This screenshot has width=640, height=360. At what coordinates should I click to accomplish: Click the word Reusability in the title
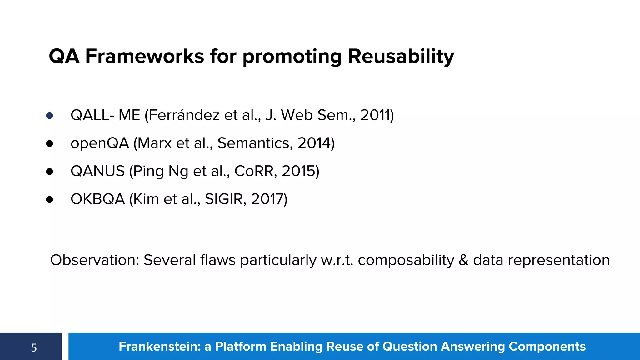click(401, 57)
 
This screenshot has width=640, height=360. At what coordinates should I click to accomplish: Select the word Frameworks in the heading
click(145, 57)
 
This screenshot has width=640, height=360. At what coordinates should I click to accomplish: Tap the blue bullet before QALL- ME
click(49, 116)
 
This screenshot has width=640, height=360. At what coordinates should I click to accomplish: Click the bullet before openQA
click(49, 143)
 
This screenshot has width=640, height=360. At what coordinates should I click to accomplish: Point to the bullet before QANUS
click(49, 172)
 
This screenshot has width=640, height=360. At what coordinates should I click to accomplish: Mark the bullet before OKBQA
click(49, 199)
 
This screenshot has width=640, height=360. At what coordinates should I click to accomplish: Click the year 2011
click(375, 115)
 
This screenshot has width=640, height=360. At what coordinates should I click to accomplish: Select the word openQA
click(100, 143)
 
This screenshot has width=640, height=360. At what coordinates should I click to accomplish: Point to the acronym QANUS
click(97, 171)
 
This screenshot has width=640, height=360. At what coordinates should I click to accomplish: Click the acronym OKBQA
click(97, 199)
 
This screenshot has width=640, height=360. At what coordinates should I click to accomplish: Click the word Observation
click(94, 260)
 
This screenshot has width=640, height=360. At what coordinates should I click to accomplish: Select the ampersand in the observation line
click(463, 260)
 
